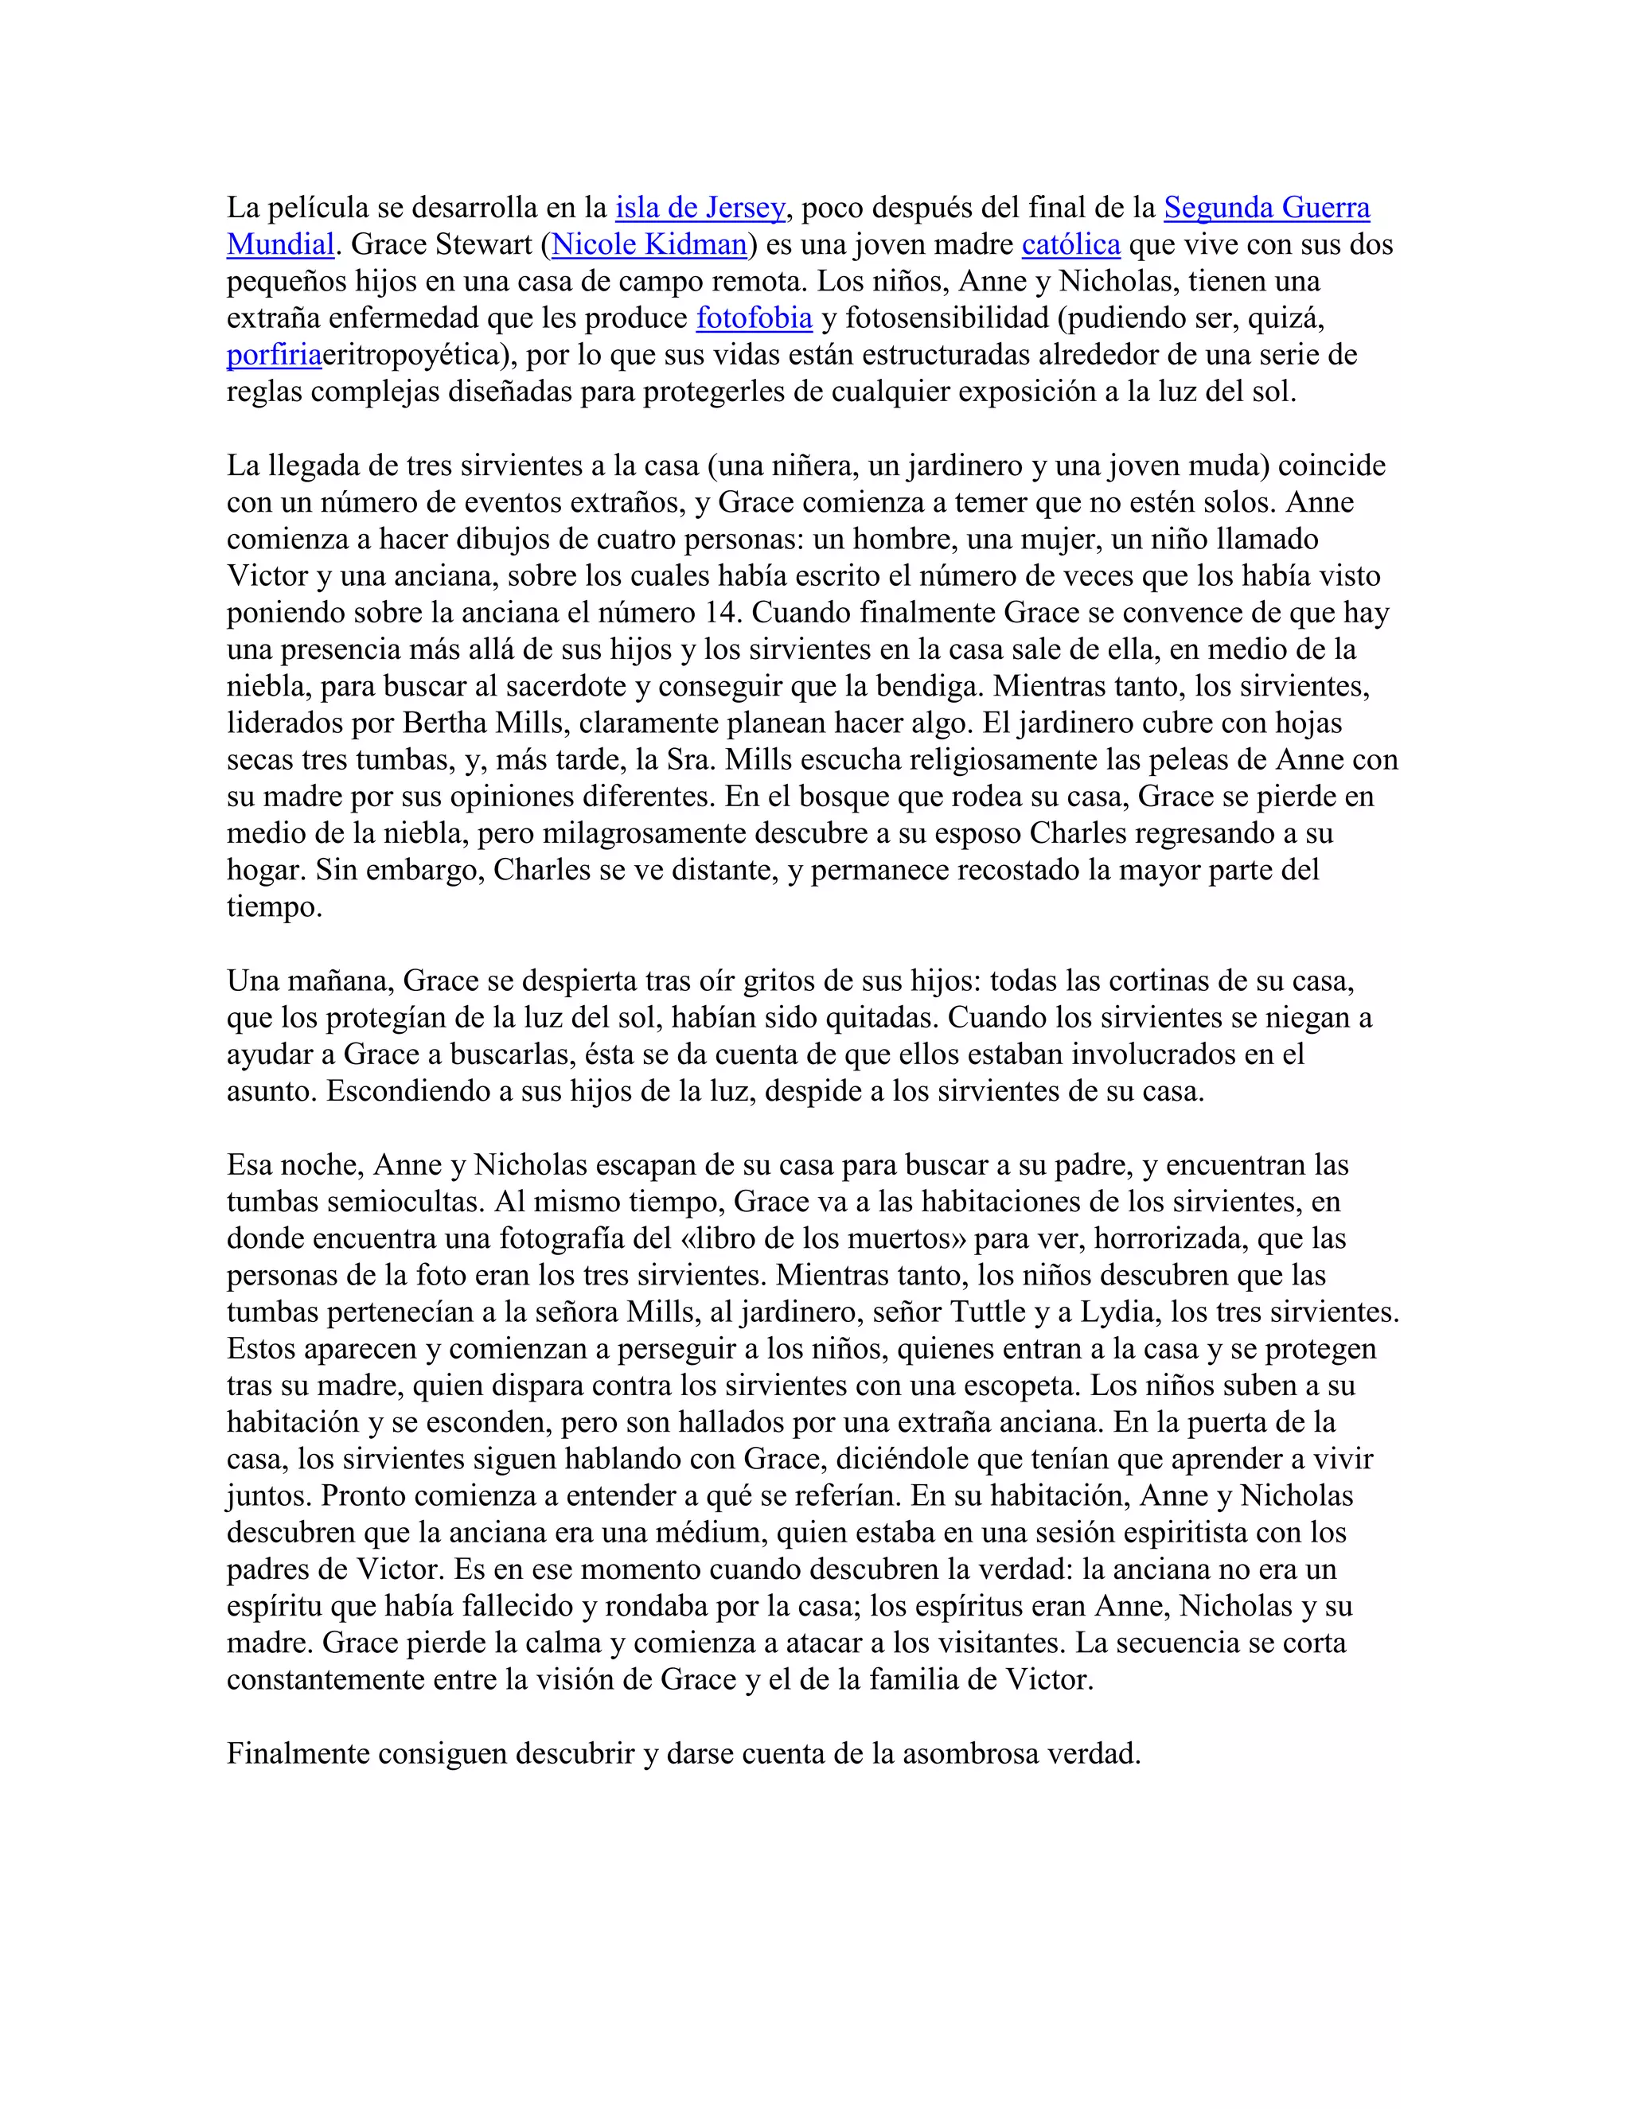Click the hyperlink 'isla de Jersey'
(x=700, y=208)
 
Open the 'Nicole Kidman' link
(x=649, y=244)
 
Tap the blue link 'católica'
(x=1071, y=244)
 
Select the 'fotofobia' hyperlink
(x=755, y=318)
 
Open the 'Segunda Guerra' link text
(x=1267, y=208)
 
